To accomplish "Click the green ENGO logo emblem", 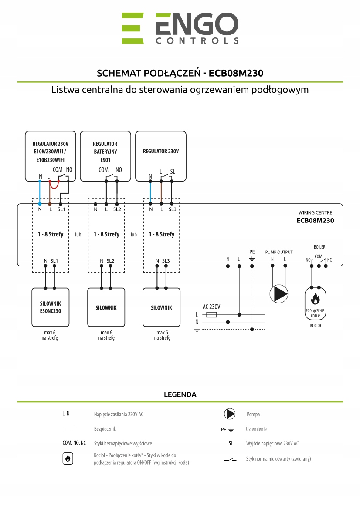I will [132, 28].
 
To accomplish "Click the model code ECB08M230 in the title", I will [236, 73].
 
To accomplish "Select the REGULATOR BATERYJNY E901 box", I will [105, 156].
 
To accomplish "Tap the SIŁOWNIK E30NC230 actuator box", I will [51, 307].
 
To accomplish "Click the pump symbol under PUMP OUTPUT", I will [279, 293].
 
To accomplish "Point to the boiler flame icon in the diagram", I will [316, 299].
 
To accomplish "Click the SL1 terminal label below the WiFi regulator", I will [61, 209].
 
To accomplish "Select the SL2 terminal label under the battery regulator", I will [117, 209].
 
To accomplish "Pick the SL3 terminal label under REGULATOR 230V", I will [172, 209].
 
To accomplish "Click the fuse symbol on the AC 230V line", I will [211, 314].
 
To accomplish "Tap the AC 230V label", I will [211, 307].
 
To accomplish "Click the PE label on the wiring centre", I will [252, 252].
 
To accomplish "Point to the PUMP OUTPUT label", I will [279, 252].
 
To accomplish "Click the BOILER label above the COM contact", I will [319, 246].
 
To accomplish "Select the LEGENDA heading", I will [180, 395].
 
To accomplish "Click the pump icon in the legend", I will [230, 414].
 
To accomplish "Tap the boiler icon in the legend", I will [68, 458].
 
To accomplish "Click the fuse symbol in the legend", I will [69, 429].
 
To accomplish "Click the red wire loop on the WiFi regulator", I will [54, 186].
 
